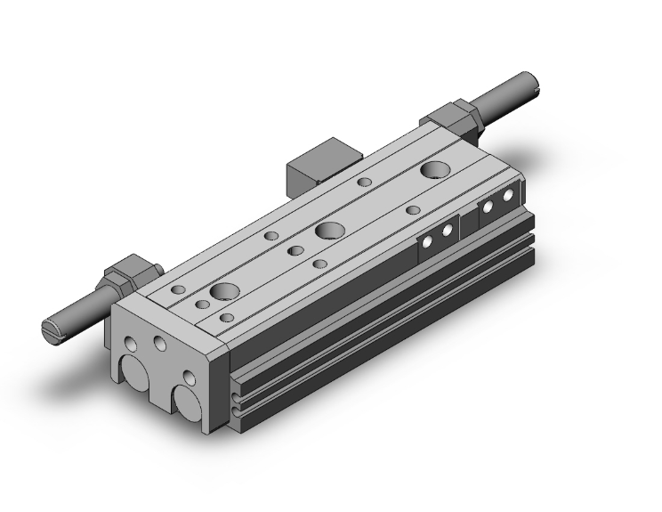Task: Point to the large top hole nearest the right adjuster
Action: point(436,170)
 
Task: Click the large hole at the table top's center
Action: point(328,231)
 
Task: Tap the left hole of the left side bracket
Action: point(428,240)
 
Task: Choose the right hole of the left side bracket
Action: point(447,230)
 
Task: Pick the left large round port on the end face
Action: point(133,373)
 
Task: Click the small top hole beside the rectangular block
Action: point(364,182)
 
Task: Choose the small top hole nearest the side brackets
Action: point(413,210)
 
